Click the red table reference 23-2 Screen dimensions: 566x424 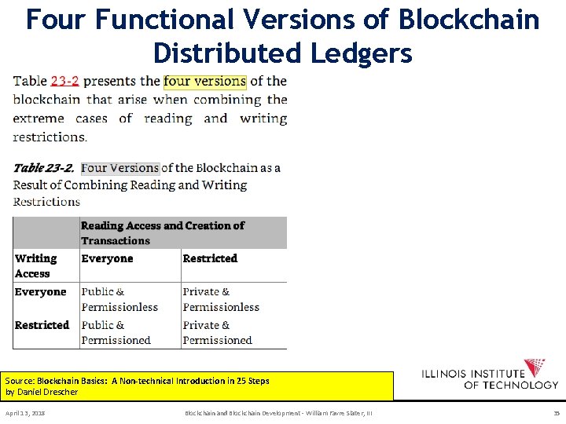(64, 81)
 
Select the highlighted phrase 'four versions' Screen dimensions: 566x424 (204, 81)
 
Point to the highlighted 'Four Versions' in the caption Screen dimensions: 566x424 (120, 167)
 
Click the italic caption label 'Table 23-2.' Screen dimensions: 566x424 (44, 167)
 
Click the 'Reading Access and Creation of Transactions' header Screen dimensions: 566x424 (163, 232)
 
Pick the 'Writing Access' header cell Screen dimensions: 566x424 (36, 265)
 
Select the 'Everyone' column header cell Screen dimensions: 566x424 (108, 258)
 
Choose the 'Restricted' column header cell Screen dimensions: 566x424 (210, 258)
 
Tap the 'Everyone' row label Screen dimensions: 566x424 (41, 292)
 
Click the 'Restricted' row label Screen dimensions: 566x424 (42, 325)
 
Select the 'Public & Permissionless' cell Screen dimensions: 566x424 (119, 299)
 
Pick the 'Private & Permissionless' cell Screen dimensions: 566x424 (221, 299)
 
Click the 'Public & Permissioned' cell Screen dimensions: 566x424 (116, 332)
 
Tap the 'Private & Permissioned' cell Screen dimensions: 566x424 (218, 332)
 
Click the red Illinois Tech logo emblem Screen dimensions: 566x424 (535, 367)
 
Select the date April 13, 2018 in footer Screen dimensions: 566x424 (25, 412)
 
